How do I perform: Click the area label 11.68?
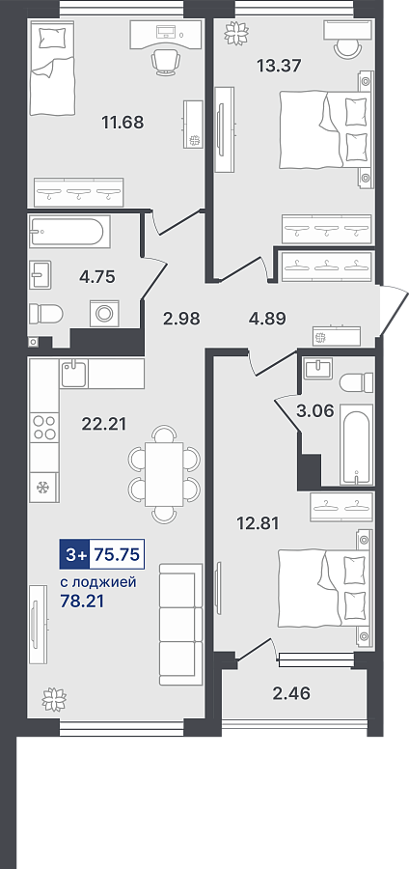click(x=123, y=122)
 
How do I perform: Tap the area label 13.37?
click(x=279, y=66)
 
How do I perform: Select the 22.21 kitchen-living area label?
click(x=104, y=424)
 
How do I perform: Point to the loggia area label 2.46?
click(x=291, y=692)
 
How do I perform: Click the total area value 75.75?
click(x=116, y=554)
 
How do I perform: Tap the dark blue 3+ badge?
click(x=74, y=554)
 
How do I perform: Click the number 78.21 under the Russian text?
click(x=81, y=602)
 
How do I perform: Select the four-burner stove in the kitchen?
click(x=44, y=428)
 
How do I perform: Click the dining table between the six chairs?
click(x=164, y=474)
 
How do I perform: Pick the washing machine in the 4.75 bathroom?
click(x=103, y=313)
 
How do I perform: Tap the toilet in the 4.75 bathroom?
click(x=46, y=314)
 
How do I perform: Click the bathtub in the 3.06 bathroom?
click(x=355, y=447)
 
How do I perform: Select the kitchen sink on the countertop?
click(x=73, y=373)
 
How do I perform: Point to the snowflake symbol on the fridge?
click(x=42, y=488)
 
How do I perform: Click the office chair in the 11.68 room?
click(x=165, y=61)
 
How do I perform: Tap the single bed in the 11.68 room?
click(x=53, y=69)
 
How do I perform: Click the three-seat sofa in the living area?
click(x=180, y=625)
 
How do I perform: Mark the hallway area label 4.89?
click(x=267, y=320)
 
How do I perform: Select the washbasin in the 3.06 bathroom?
click(x=317, y=369)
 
